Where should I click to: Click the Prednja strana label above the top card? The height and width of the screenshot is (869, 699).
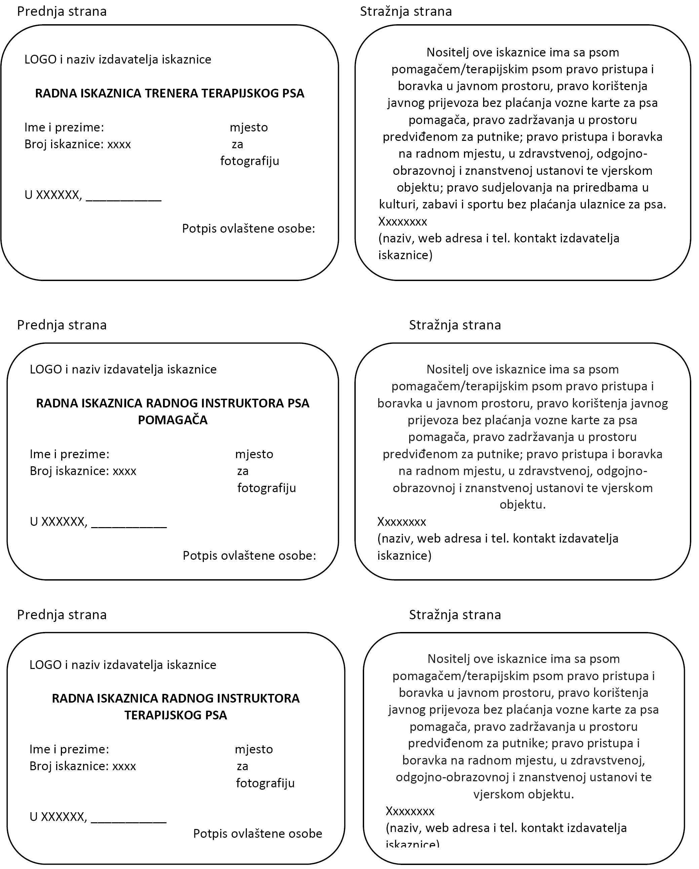[x=62, y=11]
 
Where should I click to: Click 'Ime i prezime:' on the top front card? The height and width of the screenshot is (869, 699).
[x=64, y=127]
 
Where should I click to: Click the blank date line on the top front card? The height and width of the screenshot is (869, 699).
[x=123, y=197]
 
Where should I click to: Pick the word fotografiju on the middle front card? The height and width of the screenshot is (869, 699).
[x=267, y=488]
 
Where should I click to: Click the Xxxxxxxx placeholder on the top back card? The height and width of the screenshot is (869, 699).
[x=402, y=221]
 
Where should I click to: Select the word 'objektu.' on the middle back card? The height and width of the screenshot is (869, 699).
[x=522, y=505]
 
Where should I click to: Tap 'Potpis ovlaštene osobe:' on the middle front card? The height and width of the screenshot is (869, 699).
[x=249, y=555]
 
